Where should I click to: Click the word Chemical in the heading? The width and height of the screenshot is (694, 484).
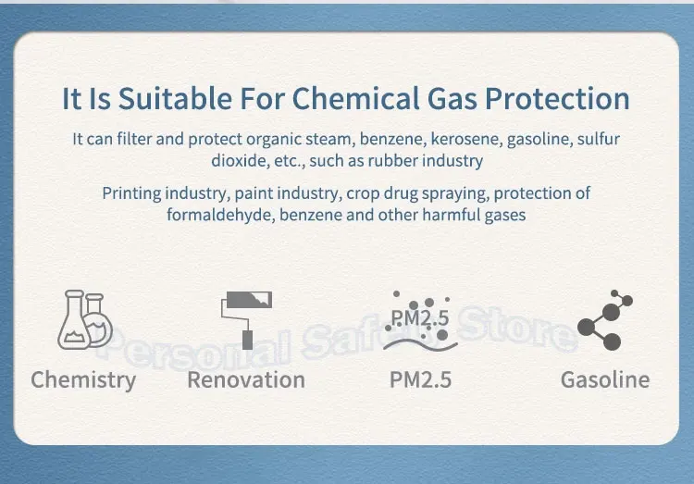[355, 98]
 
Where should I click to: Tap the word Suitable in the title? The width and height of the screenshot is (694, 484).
[175, 98]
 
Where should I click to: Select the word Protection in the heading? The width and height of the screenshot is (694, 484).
[557, 98]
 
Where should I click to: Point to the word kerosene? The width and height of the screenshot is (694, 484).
[466, 139]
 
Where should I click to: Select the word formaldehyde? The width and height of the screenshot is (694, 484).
[220, 216]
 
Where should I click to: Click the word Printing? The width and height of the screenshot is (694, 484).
[131, 193]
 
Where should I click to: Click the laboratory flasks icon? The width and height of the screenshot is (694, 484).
[85, 319]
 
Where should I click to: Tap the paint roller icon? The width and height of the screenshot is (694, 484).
[246, 319]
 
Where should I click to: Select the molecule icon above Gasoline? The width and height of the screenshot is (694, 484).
[605, 319]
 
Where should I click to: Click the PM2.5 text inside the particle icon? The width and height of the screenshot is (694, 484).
[420, 318]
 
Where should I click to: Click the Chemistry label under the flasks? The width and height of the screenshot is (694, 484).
[83, 380]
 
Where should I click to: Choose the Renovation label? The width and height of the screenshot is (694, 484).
[246, 380]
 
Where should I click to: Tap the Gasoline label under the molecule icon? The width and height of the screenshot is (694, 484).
[605, 380]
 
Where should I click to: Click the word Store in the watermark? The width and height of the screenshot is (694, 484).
[517, 329]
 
